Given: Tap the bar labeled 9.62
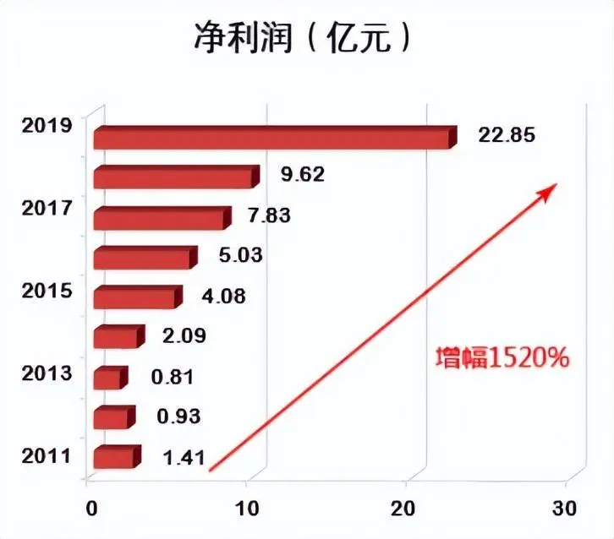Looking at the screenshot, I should click(x=174, y=177).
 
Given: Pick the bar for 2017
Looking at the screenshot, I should click(x=160, y=218).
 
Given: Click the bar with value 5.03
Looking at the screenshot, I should click(x=143, y=258).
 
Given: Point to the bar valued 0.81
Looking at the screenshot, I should click(x=108, y=378).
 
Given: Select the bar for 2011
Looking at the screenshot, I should click(x=115, y=457).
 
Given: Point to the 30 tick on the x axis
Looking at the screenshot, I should click(x=564, y=509).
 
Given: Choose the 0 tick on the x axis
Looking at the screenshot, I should click(x=91, y=509).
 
